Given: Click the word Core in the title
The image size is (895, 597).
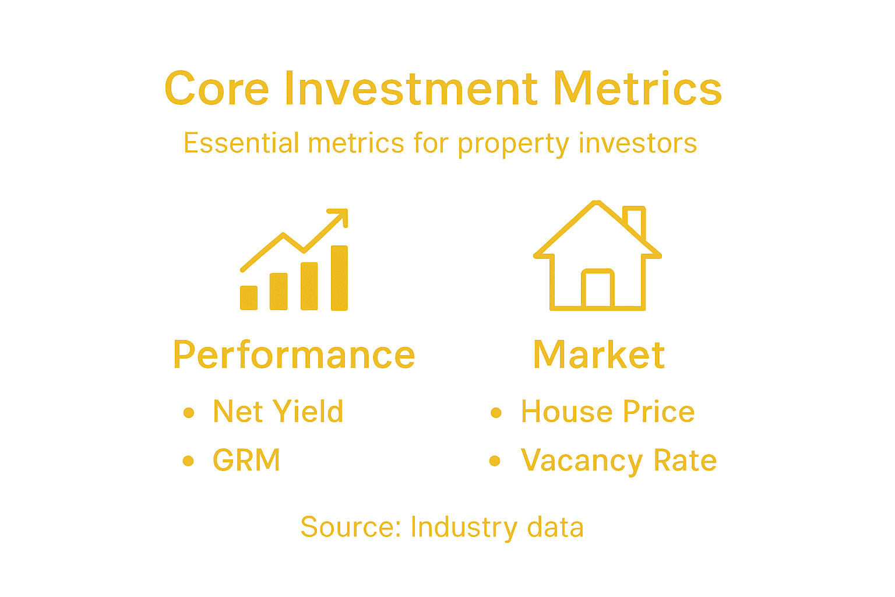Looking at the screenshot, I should point(217,89).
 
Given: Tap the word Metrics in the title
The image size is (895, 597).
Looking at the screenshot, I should point(637,89).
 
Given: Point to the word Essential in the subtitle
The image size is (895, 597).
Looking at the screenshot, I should point(241,143).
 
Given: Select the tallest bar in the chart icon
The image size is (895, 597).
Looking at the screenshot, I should point(339,278).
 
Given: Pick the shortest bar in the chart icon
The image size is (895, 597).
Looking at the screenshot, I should point(249,297).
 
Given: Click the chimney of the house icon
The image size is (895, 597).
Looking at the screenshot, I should point(635,220).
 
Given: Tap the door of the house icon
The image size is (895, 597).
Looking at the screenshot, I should point(597,289).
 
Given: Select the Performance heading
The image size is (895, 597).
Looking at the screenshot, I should point(294,355).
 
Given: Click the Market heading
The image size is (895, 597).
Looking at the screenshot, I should point(599,355).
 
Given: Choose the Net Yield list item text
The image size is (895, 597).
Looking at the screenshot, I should point(278,412).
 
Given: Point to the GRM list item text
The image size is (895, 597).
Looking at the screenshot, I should point(246,460).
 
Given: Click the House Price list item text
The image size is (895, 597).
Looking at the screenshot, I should point(608,412).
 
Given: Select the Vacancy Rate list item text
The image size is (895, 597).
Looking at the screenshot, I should point(619,461).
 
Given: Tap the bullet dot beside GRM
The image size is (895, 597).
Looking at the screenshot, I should point(188,461).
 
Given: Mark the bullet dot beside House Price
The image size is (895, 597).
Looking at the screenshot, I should point(496,413).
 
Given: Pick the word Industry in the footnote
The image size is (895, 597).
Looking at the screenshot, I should point(463,527).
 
